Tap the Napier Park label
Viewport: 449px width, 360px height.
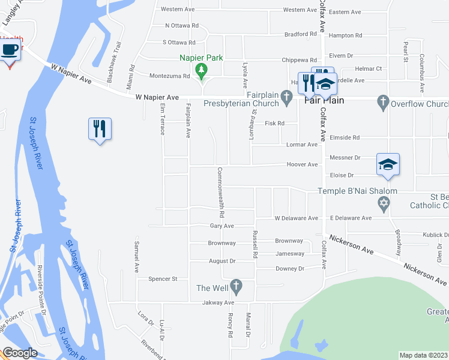[201, 58]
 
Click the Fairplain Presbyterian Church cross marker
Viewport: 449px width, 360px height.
[287, 96]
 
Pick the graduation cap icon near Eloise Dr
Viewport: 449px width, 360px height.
[388, 164]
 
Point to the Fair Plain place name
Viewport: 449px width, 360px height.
[324, 100]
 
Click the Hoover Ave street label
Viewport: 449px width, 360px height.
[302, 164]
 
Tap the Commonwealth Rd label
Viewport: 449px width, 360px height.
[221, 192]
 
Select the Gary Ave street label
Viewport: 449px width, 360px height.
[221, 226]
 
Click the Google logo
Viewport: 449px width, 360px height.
[19, 353]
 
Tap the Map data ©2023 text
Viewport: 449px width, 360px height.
[423, 355]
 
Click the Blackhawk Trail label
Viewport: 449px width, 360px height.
[114, 62]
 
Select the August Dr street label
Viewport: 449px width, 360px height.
[222, 262]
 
